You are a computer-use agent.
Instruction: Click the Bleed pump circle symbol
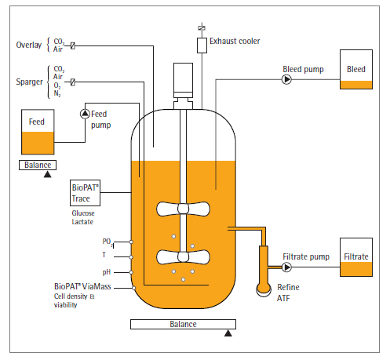286,79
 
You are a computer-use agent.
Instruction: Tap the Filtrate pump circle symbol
286,267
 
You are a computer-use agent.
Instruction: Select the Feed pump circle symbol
85,114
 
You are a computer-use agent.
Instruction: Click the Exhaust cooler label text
235,41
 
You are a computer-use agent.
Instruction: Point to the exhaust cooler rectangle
202,45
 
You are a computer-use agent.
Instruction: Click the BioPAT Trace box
85,193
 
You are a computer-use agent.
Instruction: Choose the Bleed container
356,69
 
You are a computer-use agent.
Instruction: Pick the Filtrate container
356,257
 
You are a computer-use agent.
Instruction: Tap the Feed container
38,132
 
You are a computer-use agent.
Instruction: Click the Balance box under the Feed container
38,165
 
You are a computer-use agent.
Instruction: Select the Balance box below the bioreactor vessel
183,324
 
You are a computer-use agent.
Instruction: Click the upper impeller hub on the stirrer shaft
183,209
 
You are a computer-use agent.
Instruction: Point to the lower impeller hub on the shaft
183,256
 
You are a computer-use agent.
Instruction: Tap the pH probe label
107,272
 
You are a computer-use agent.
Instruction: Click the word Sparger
29,82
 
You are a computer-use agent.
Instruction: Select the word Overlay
29,45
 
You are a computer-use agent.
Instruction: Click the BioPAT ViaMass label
82,286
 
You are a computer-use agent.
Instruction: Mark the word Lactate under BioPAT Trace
82,222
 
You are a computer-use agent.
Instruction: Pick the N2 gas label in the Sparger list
57,93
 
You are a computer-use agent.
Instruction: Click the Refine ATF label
288,293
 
